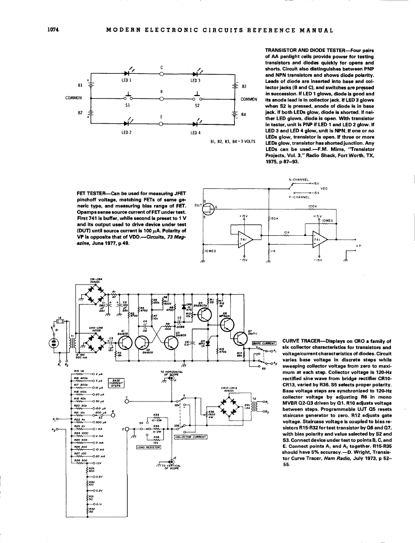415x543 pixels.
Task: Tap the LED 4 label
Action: [195, 132]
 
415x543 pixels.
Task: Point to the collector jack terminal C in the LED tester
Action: [161, 73]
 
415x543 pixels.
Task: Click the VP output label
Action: [358, 246]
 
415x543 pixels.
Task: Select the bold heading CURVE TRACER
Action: [302, 341]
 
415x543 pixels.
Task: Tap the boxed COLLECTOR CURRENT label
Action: [190, 437]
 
